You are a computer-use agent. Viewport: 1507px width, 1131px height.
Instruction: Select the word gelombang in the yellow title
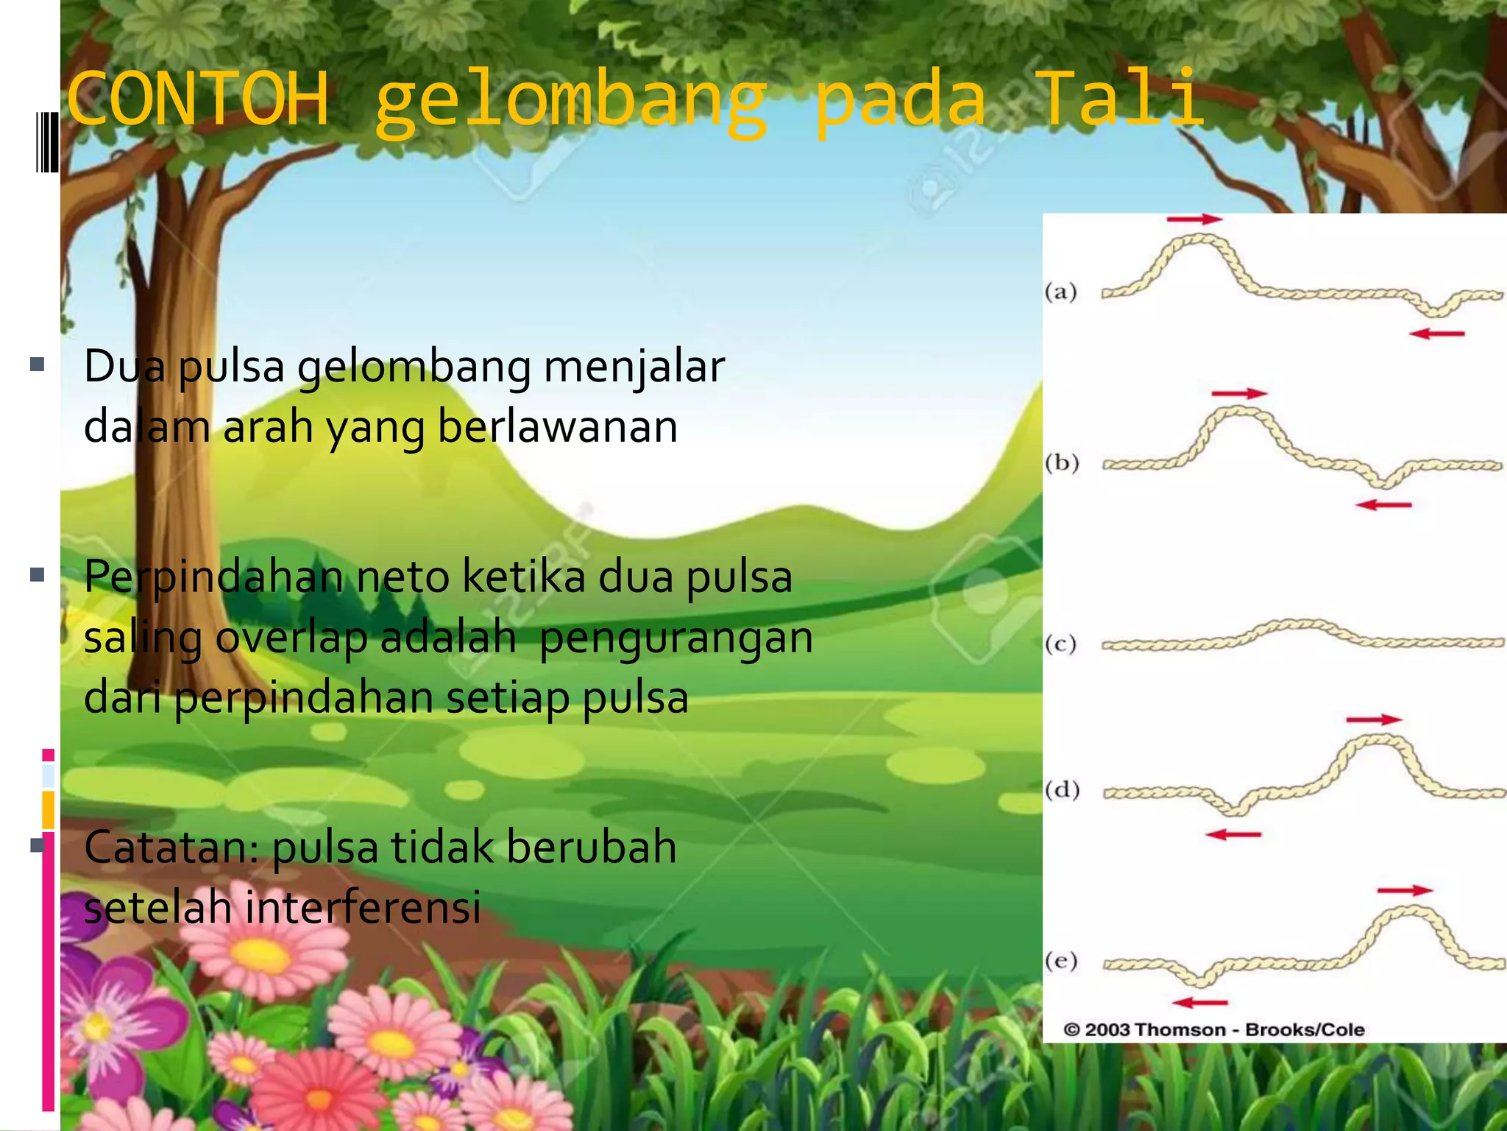570,103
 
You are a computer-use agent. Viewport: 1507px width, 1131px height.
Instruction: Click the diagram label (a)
1061,292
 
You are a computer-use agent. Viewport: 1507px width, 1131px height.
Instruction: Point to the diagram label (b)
1062,462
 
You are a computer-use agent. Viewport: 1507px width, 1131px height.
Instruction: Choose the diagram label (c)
1061,644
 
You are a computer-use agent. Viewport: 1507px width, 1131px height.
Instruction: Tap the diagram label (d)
1062,790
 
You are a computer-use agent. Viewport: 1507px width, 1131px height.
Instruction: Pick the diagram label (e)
1061,960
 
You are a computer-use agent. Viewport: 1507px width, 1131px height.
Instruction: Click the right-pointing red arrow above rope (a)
1194,219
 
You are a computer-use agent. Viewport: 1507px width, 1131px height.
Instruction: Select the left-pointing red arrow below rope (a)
1437,334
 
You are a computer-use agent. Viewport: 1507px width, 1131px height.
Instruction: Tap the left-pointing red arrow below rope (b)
1383,505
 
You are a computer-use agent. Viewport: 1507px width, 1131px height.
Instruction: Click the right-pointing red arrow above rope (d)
1374,719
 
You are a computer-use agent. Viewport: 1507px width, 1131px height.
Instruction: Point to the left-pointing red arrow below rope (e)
1199,1002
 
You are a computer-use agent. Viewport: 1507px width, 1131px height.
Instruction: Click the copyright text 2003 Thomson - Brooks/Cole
1214,1029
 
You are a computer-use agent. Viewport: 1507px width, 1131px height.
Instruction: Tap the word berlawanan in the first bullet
557,426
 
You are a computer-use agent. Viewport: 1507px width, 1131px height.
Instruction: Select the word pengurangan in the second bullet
676,637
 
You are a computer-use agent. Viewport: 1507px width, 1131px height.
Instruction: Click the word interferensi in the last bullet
363,906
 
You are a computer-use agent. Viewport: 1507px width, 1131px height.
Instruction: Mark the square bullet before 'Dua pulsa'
38,364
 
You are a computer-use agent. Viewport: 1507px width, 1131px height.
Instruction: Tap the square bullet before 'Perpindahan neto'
38,575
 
